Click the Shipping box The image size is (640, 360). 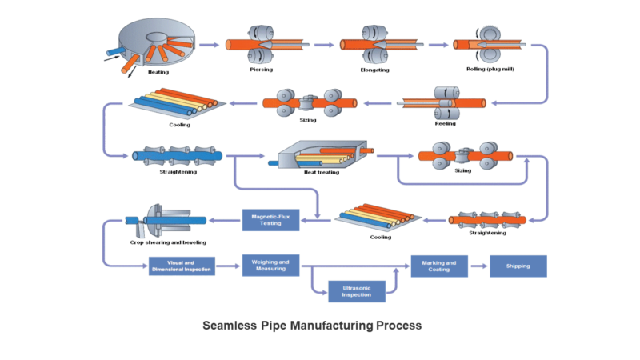point(518,266)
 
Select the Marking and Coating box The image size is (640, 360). point(438,266)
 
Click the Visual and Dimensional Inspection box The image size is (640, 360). point(183,266)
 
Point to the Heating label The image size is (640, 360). point(158,72)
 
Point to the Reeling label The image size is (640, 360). point(445,123)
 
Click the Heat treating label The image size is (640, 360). point(322,172)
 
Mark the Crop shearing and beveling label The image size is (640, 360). point(168,242)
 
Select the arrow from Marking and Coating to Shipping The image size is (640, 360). point(478,266)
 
